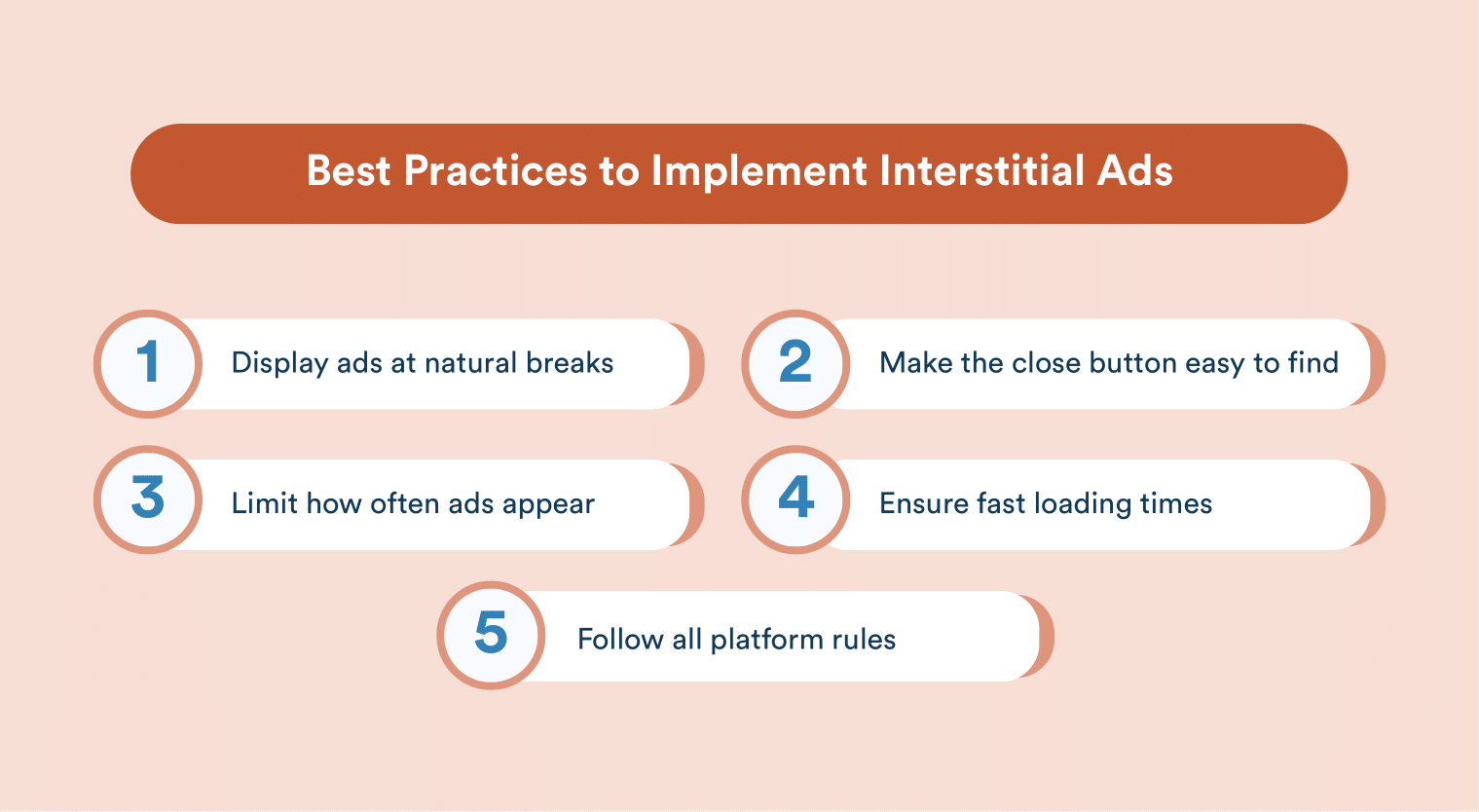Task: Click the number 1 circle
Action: click(x=148, y=364)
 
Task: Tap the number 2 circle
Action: click(x=795, y=364)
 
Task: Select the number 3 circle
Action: click(x=148, y=499)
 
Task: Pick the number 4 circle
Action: click(x=795, y=499)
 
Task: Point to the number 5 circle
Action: click(x=491, y=636)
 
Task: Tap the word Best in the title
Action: click(x=349, y=171)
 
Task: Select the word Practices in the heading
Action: click(x=496, y=171)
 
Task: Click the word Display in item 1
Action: click(x=279, y=364)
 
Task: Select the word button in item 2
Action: click(x=1132, y=363)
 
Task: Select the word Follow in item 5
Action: click(x=620, y=640)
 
